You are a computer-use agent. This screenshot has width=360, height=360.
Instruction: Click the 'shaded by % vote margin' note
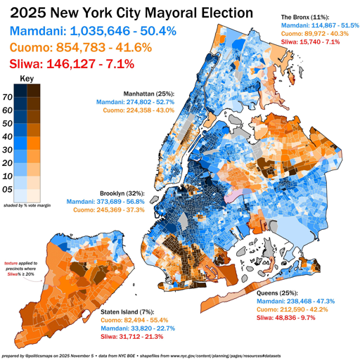click(28, 205)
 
